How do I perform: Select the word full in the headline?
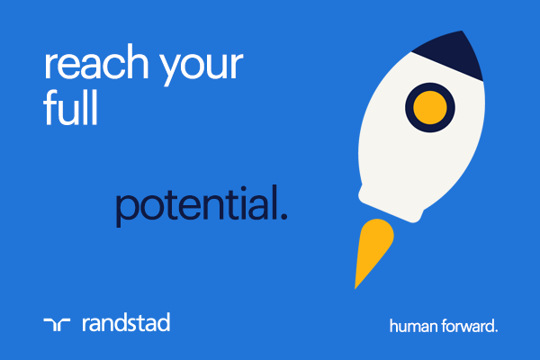click(69, 109)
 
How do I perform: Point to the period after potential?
click(284, 219)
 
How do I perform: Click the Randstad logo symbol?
click(56, 323)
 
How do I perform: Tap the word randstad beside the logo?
click(125, 322)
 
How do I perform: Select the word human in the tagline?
click(409, 326)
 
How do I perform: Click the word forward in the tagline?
click(463, 326)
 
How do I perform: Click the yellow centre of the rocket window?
click(429, 106)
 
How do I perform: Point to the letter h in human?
click(393, 325)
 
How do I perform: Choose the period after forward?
click(495, 330)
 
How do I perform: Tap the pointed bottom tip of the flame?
click(356, 287)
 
